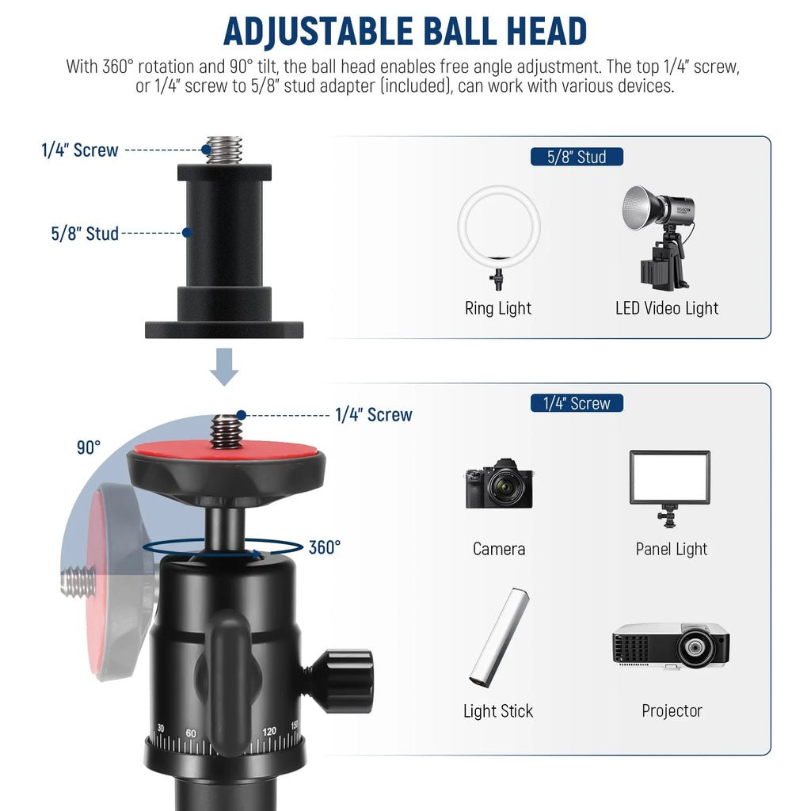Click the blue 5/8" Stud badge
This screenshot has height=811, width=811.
tap(577, 157)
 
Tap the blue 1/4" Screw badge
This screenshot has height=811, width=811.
tap(577, 403)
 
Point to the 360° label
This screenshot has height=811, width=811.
tap(325, 547)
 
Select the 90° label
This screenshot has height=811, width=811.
tap(89, 447)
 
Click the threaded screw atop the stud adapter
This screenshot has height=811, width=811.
tap(223, 150)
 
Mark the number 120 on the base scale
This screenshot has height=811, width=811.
tap(269, 732)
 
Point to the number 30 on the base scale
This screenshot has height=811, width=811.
tap(161, 728)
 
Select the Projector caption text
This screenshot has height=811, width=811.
tap(672, 710)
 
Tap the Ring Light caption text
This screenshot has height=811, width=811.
tap(498, 308)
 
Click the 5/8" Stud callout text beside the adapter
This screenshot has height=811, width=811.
tap(85, 234)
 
